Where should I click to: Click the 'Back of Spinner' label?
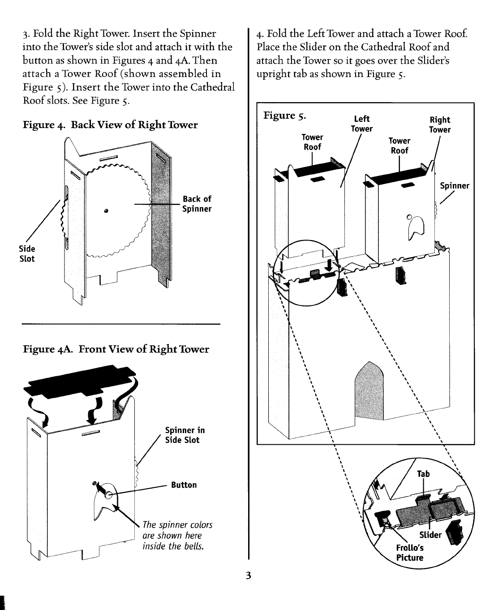pos(197,204)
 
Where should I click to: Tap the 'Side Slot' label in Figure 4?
pos(27,253)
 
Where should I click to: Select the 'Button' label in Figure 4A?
pos(184,485)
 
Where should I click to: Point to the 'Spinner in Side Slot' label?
pos(185,435)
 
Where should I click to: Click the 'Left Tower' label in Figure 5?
pos(361,124)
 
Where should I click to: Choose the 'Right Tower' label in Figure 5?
pos(440,125)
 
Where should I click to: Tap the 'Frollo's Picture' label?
pos(409,553)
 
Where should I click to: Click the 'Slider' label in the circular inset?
pos(430,535)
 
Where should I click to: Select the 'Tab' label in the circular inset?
pos(423,474)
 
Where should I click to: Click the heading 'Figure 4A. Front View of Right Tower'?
pos(116,349)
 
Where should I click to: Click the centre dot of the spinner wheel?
pos(106,211)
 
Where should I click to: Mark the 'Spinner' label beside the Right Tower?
pos(454,185)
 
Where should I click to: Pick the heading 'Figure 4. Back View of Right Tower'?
pos(110,125)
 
